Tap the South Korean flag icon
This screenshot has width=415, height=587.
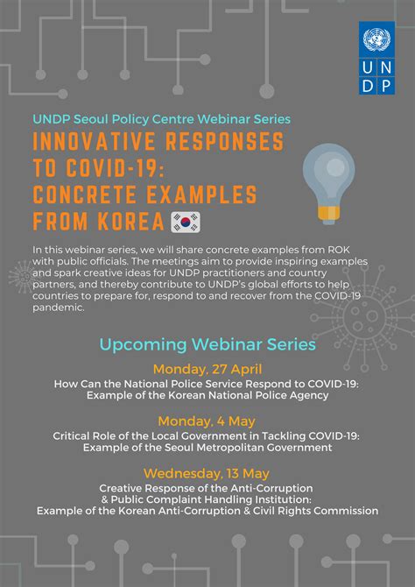tap(185, 221)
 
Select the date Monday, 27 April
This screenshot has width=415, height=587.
tap(207, 369)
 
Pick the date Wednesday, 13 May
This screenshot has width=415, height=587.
tap(207, 473)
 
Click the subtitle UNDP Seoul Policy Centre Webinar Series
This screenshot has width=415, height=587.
tap(162, 118)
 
